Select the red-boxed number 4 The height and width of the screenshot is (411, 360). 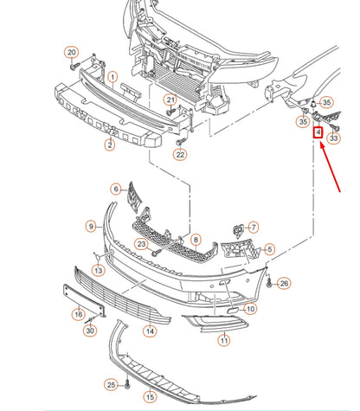(x=318, y=133)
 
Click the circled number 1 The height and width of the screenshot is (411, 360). (x=112, y=77)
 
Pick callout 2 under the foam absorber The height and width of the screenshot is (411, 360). (x=110, y=144)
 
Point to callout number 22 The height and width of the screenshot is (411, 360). (x=179, y=155)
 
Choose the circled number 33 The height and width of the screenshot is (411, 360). (x=334, y=137)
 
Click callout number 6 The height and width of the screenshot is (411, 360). (x=116, y=189)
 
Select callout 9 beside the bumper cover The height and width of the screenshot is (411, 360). (x=91, y=226)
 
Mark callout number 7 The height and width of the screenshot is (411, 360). (x=254, y=227)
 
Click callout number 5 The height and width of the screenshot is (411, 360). (x=270, y=249)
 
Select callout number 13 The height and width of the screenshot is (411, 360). (x=98, y=271)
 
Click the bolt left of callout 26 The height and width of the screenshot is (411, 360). (x=269, y=282)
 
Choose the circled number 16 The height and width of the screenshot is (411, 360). (x=78, y=314)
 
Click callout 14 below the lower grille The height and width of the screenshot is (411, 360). (x=151, y=330)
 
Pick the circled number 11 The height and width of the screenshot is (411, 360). (x=224, y=341)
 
